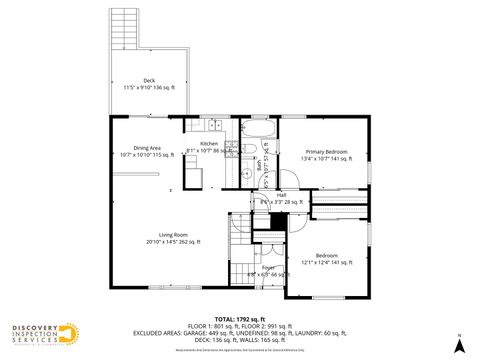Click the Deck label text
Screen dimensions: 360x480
coord(149,80)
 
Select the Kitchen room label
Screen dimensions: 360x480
coord(209,144)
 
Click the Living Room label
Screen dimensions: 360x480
coord(174,234)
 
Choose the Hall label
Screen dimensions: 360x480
coord(282,195)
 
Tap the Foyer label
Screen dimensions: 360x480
coord(268,267)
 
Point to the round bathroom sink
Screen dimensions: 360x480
coord(245,172)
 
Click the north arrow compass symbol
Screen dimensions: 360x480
coord(458,345)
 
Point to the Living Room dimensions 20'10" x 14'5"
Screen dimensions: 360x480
coord(174,242)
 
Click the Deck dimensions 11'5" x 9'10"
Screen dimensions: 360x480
coord(149,88)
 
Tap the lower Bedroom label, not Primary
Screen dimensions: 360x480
coord(327,255)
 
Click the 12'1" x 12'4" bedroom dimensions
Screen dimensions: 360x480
coord(327,263)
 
